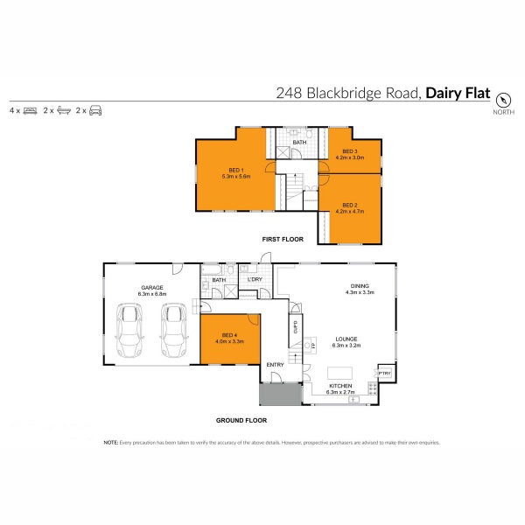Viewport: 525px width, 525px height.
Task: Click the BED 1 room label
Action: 235,169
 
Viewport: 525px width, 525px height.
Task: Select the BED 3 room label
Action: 350,151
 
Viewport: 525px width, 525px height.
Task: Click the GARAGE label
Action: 154,287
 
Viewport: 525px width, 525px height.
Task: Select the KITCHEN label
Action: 340,386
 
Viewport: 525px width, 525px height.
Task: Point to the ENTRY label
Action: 275,365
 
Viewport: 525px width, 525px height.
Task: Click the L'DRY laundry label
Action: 255,279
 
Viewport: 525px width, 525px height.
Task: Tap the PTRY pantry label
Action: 385,374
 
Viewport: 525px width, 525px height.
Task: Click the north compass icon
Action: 503,100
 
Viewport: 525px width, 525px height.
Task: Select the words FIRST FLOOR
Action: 282,238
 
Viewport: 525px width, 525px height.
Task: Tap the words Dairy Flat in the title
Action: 457,92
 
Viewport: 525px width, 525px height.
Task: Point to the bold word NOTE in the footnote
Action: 111,443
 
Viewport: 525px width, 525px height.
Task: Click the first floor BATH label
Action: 299,142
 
